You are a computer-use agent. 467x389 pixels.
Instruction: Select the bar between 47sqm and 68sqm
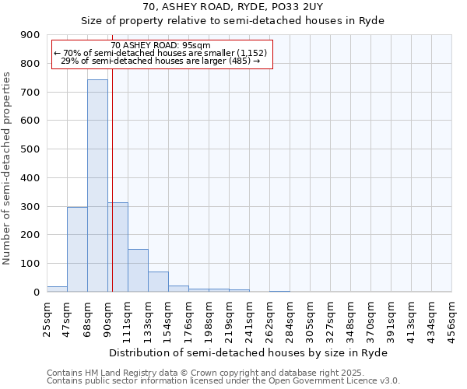pyautogui.click(x=77, y=249)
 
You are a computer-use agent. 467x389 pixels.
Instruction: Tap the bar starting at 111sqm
pyautogui.click(x=138, y=270)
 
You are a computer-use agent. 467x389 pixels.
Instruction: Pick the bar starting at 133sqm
pyautogui.click(x=158, y=282)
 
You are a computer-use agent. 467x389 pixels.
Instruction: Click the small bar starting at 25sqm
pyautogui.click(x=57, y=289)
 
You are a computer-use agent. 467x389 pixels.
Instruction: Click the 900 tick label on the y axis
pyautogui.click(x=31, y=35)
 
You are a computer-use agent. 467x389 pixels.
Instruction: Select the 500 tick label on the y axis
pyautogui.click(x=31, y=149)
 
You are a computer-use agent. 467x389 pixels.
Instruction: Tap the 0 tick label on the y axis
pyautogui.click(x=37, y=292)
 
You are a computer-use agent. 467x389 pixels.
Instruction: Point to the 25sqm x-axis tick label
pyautogui.click(x=47, y=317)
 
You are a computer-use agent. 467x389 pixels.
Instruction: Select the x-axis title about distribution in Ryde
pyautogui.click(x=248, y=352)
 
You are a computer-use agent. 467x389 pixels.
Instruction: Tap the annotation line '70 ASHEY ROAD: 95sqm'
pyautogui.click(x=161, y=45)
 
